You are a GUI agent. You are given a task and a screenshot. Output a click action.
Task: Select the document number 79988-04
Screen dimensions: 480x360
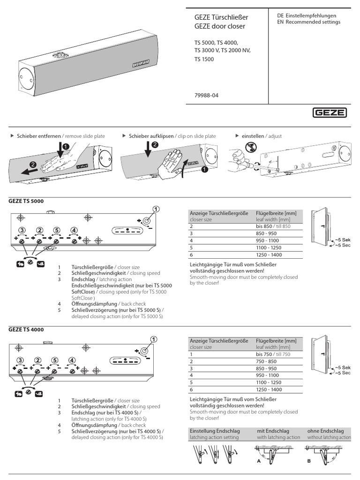206,95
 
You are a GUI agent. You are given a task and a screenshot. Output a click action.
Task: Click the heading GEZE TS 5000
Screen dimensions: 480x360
26,201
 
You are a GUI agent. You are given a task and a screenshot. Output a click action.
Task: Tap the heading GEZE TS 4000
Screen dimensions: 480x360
26,330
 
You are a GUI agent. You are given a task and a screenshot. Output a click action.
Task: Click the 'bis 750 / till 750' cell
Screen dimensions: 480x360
273,354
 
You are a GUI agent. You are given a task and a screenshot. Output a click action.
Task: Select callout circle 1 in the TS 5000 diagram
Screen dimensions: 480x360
156,209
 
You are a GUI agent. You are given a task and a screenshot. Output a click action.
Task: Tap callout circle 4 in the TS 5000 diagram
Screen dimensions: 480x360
73,230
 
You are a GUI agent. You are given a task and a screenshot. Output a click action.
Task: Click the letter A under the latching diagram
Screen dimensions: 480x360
258,460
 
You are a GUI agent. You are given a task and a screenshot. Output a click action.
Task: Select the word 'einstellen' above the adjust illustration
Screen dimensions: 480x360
253,136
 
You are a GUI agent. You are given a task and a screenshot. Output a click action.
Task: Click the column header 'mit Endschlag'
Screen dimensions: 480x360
273,430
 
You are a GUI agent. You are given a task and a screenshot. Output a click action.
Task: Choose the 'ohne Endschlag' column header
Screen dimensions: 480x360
325,430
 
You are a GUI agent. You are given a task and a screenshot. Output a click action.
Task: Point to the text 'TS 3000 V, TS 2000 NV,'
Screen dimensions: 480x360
223,50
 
